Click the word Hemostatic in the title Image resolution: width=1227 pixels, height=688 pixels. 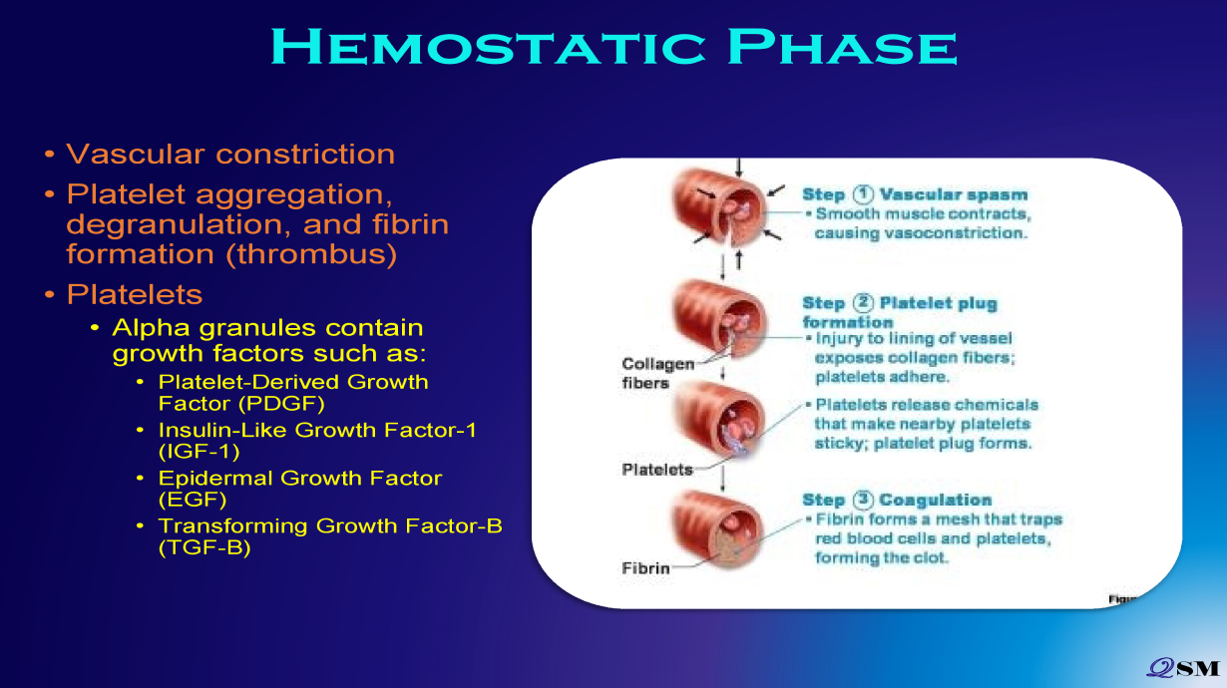(488, 47)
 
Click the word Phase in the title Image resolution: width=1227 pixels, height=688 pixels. (843, 47)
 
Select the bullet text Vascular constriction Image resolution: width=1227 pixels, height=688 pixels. (230, 154)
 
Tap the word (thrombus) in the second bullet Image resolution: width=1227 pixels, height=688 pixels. (311, 254)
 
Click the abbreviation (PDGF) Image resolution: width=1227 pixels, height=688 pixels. (281, 404)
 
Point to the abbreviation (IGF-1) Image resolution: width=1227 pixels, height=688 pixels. (200, 452)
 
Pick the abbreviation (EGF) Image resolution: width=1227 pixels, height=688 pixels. (193, 500)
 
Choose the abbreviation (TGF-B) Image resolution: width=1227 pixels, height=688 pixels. (204, 547)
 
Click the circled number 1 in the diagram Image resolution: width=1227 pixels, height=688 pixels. (863, 194)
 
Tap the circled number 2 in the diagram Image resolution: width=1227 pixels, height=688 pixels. (863, 303)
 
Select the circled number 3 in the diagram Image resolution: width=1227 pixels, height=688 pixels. (863, 500)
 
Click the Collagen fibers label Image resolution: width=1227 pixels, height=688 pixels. (657, 373)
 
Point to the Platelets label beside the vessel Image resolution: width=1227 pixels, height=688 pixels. (657, 469)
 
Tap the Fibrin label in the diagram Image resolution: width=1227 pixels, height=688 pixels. (645, 568)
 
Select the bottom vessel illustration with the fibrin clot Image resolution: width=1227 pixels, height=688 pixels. (718, 528)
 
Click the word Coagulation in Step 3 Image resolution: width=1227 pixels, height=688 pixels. (936, 500)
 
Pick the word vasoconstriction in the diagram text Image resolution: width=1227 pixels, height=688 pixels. (956, 233)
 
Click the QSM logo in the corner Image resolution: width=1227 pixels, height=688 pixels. (1184, 668)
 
